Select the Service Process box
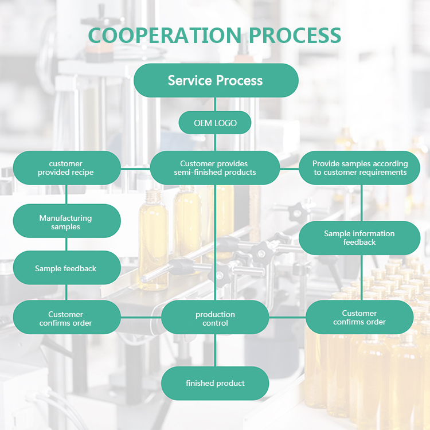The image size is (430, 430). click(x=216, y=80)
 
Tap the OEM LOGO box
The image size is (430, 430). click(x=215, y=123)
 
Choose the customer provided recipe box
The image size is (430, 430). click(x=67, y=168)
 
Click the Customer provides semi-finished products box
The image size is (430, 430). click(x=215, y=168)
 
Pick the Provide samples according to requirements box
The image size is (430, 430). click(x=359, y=168)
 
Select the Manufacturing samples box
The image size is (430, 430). click(x=67, y=222)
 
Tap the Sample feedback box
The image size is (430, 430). click(x=67, y=268)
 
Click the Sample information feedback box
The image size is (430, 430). click(x=359, y=238)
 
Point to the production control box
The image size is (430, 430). click(x=215, y=318)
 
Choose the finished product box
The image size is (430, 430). click(x=215, y=383)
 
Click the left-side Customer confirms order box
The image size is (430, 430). click(x=67, y=318)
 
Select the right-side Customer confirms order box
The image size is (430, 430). click(x=359, y=317)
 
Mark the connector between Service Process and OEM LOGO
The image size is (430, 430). click(x=215, y=104)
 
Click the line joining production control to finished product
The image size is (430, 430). click(x=215, y=350)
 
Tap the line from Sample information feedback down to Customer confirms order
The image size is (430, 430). click(x=361, y=278)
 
